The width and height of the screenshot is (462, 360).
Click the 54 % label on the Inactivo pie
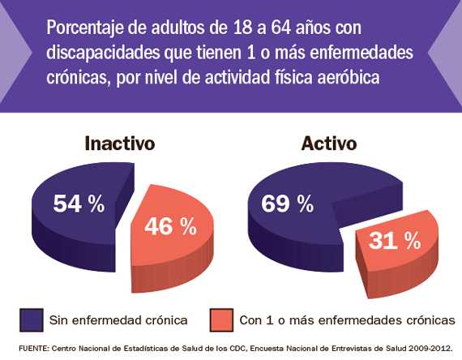coord(79,204)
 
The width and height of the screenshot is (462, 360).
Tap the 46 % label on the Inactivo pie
coord(170,227)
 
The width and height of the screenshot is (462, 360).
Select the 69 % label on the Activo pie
coord(287,204)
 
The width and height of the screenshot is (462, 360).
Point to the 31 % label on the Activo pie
coord(395,241)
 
